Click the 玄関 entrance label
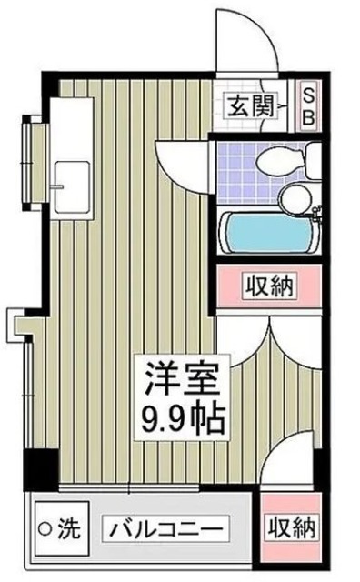tap(249, 105)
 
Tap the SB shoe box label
tap(307, 105)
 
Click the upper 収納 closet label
tap(268, 287)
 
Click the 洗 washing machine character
tap(69, 527)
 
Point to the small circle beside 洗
tap(44, 527)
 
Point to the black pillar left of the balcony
tap(37, 468)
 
